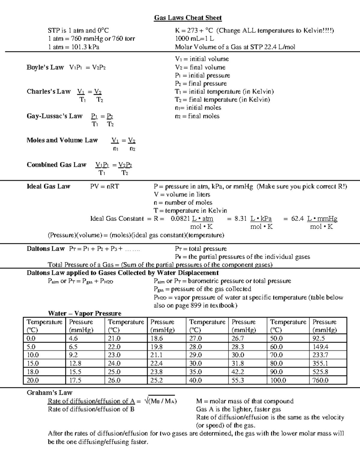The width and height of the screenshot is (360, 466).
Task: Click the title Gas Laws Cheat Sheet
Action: tap(188, 18)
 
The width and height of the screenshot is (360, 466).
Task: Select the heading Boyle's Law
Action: tap(45, 67)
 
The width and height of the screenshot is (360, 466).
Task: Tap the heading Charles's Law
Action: tap(48, 92)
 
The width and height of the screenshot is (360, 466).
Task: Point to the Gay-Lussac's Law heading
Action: tap(54, 116)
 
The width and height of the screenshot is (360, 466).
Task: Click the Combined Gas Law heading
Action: tap(56, 165)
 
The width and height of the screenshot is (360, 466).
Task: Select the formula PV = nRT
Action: tap(104, 186)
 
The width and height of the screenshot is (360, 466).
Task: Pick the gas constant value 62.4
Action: tap(297, 218)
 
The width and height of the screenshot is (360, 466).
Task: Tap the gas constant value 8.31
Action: tap(241, 218)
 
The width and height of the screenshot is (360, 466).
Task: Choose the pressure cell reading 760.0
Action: tap(320, 380)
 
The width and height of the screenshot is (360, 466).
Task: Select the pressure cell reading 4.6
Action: tap(73, 338)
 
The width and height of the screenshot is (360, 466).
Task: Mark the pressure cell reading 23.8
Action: tap(156, 372)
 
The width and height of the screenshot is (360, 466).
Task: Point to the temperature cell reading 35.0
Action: tap(195, 372)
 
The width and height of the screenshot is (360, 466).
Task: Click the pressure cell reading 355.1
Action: tap(320, 363)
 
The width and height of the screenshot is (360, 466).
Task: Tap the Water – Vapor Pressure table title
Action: tap(85, 313)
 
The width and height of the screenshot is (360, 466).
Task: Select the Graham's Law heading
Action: tap(49, 392)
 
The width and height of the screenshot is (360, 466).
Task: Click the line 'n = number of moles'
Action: tap(183, 203)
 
